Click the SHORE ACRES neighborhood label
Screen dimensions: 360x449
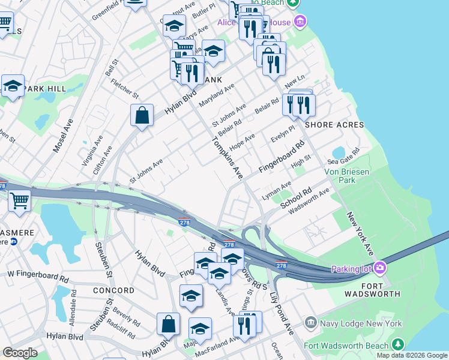(334, 125)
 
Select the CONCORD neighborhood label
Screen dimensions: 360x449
(113, 290)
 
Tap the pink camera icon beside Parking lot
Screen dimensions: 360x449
(379, 266)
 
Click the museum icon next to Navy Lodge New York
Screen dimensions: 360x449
(310, 323)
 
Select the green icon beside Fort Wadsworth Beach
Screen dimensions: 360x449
(397, 344)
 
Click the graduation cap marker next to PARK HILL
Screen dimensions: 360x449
(13, 86)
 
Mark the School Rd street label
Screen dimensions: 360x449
(297, 199)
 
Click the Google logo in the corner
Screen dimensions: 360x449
(20, 353)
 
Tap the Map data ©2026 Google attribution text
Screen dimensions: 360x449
(411, 355)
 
